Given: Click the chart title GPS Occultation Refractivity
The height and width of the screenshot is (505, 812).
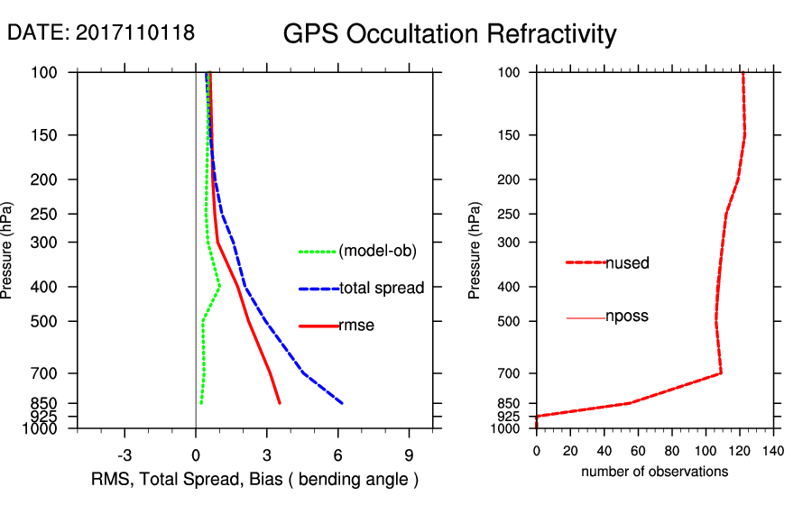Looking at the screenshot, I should pyautogui.click(x=449, y=34).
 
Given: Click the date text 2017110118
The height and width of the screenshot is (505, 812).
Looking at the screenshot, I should pyautogui.click(x=135, y=32).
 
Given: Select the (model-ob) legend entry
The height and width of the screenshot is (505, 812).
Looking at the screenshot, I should pyautogui.click(x=377, y=252).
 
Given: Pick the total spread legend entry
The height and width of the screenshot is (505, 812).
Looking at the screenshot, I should pyautogui.click(x=382, y=289).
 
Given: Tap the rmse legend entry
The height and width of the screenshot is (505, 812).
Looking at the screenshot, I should pyautogui.click(x=356, y=326).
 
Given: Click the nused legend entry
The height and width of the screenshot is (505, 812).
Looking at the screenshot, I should pyautogui.click(x=627, y=263).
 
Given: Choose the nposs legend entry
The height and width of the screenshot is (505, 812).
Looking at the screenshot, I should pyautogui.click(x=627, y=317).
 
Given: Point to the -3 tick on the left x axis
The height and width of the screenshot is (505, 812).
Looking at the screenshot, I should pyautogui.click(x=125, y=454).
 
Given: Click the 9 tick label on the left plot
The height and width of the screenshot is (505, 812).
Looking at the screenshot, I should pyautogui.click(x=410, y=454).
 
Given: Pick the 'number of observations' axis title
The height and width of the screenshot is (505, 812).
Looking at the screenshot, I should pyautogui.click(x=654, y=472).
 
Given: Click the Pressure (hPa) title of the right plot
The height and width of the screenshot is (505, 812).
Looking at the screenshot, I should pyautogui.click(x=475, y=251).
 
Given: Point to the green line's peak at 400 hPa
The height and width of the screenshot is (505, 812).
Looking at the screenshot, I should pyautogui.click(x=220, y=287).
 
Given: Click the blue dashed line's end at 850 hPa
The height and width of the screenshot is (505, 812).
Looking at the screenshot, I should pyautogui.click(x=342, y=402).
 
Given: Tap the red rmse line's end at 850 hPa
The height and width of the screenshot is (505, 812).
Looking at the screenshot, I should pyautogui.click(x=280, y=402).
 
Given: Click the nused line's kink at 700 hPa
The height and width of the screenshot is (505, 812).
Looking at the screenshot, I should pyautogui.click(x=721, y=372).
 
